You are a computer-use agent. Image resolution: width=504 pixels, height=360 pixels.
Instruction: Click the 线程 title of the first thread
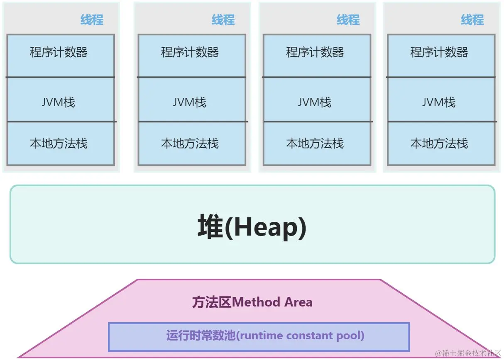(92, 20)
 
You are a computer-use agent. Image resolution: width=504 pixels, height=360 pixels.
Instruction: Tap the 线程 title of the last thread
(472, 20)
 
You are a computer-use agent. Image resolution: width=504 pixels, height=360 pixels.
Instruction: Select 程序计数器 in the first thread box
(59, 53)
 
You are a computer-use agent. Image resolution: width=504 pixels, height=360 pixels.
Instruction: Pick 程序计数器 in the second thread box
(190, 53)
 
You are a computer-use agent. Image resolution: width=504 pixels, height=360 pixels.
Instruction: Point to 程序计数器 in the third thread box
(315, 53)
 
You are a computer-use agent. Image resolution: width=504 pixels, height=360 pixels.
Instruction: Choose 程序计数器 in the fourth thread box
(439, 53)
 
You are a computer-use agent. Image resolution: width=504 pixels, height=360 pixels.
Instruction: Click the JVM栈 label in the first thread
(59, 102)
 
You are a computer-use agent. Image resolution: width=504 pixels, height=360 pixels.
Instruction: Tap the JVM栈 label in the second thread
(190, 102)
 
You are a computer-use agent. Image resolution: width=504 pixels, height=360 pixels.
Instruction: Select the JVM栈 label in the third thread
(315, 102)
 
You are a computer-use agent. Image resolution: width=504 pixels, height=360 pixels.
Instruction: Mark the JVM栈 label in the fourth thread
(439, 102)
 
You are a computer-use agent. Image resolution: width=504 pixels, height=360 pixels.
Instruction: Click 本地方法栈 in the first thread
(59, 144)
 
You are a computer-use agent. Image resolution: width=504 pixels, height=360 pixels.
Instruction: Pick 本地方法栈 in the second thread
(190, 144)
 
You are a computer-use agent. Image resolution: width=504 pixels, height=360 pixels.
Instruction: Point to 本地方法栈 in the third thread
(315, 144)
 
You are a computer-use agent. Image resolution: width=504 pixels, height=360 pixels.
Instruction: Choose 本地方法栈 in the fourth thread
(439, 144)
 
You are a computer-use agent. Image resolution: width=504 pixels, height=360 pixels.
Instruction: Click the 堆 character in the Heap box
(210, 227)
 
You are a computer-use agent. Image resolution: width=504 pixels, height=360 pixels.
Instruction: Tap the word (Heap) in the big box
(266, 227)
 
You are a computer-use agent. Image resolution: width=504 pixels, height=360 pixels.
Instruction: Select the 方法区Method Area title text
(252, 302)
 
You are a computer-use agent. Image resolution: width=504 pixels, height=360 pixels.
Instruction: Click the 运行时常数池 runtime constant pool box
(259, 336)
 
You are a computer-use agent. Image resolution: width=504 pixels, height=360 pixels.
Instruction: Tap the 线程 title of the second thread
(223, 20)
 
